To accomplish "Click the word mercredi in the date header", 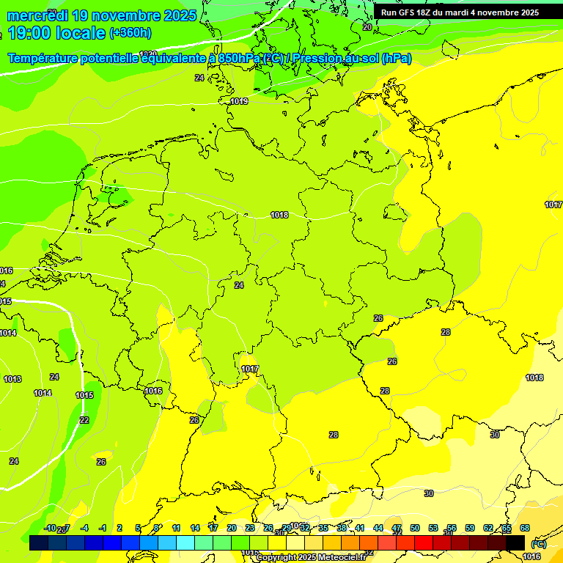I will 38,15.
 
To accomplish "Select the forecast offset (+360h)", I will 130,33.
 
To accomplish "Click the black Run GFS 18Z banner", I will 460,12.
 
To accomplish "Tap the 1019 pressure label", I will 239,101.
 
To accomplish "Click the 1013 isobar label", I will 12,379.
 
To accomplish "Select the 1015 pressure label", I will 84,395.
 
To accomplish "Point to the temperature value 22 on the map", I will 84,420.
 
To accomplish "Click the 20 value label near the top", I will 367,27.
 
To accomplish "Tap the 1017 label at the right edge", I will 553,205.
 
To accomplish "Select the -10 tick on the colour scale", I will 50,528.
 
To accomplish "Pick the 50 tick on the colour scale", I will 415,528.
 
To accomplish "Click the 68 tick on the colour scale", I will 525,528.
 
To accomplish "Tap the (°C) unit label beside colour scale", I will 539,544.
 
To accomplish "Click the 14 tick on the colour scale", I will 195,528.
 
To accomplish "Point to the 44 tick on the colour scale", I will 378,528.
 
